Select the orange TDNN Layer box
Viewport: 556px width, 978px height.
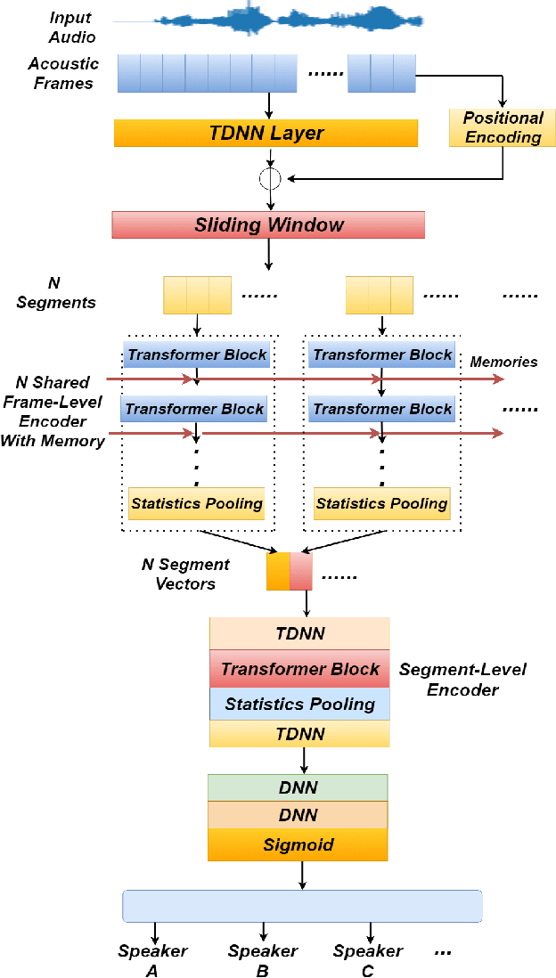click(266, 134)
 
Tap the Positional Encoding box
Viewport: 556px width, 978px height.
click(503, 127)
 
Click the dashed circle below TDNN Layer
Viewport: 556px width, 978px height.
click(268, 178)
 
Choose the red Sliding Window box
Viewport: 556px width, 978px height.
click(268, 224)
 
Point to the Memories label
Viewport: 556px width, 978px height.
click(503, 362)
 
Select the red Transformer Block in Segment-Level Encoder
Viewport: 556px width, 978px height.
click(299, 669)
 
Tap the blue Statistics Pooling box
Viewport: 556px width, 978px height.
click(299, 704)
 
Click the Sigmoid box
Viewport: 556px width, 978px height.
click(298, 844)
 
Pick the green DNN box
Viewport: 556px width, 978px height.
click(298, 787)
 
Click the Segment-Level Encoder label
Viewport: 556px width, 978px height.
click(462, 679)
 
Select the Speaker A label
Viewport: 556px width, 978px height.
click(152, 960)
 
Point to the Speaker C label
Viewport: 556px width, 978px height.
click(368, 960)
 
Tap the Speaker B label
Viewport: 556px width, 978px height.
click(262, 960)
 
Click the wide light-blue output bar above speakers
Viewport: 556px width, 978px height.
click(301, 906)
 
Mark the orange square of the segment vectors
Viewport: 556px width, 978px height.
click(278, 572)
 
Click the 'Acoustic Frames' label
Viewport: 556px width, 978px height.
click(63, 74)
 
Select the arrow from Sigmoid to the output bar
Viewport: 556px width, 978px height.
click(302, 875)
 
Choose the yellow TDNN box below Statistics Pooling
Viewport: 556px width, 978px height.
click(299, 734)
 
